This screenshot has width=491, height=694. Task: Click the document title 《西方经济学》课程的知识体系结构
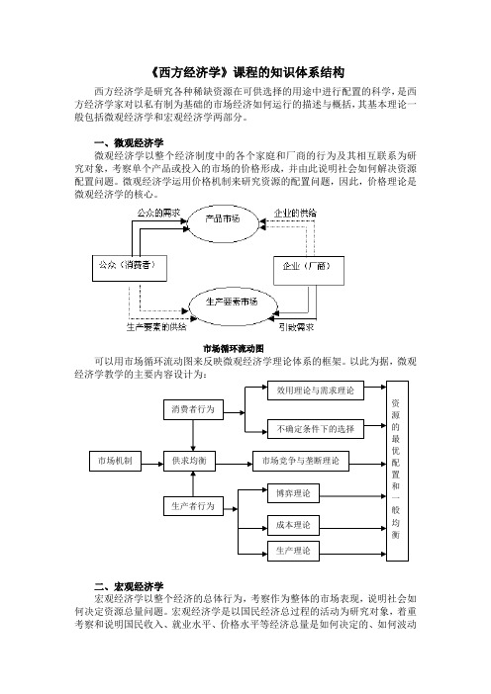[245, 72]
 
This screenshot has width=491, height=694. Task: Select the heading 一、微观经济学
[129, 142]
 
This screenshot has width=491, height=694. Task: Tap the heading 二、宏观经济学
[129, 586]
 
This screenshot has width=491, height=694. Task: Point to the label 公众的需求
[158, 213]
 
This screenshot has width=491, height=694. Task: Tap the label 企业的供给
[295, 213]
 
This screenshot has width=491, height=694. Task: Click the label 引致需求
[296, 327]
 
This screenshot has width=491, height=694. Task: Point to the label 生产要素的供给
[156, 327]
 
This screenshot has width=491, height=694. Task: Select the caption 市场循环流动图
[233, 348]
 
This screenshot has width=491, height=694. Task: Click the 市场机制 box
[115, 461]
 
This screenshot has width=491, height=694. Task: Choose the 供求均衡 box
[190, 461]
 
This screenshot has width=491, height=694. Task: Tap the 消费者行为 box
[193, 409]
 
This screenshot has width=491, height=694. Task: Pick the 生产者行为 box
[193, 506]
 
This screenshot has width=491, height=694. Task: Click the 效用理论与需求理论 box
[316, 390]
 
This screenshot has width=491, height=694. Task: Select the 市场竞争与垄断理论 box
[301, 461]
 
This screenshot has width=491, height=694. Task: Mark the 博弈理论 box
[293, 493]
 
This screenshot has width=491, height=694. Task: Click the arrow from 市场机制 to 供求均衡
[152, 464]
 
